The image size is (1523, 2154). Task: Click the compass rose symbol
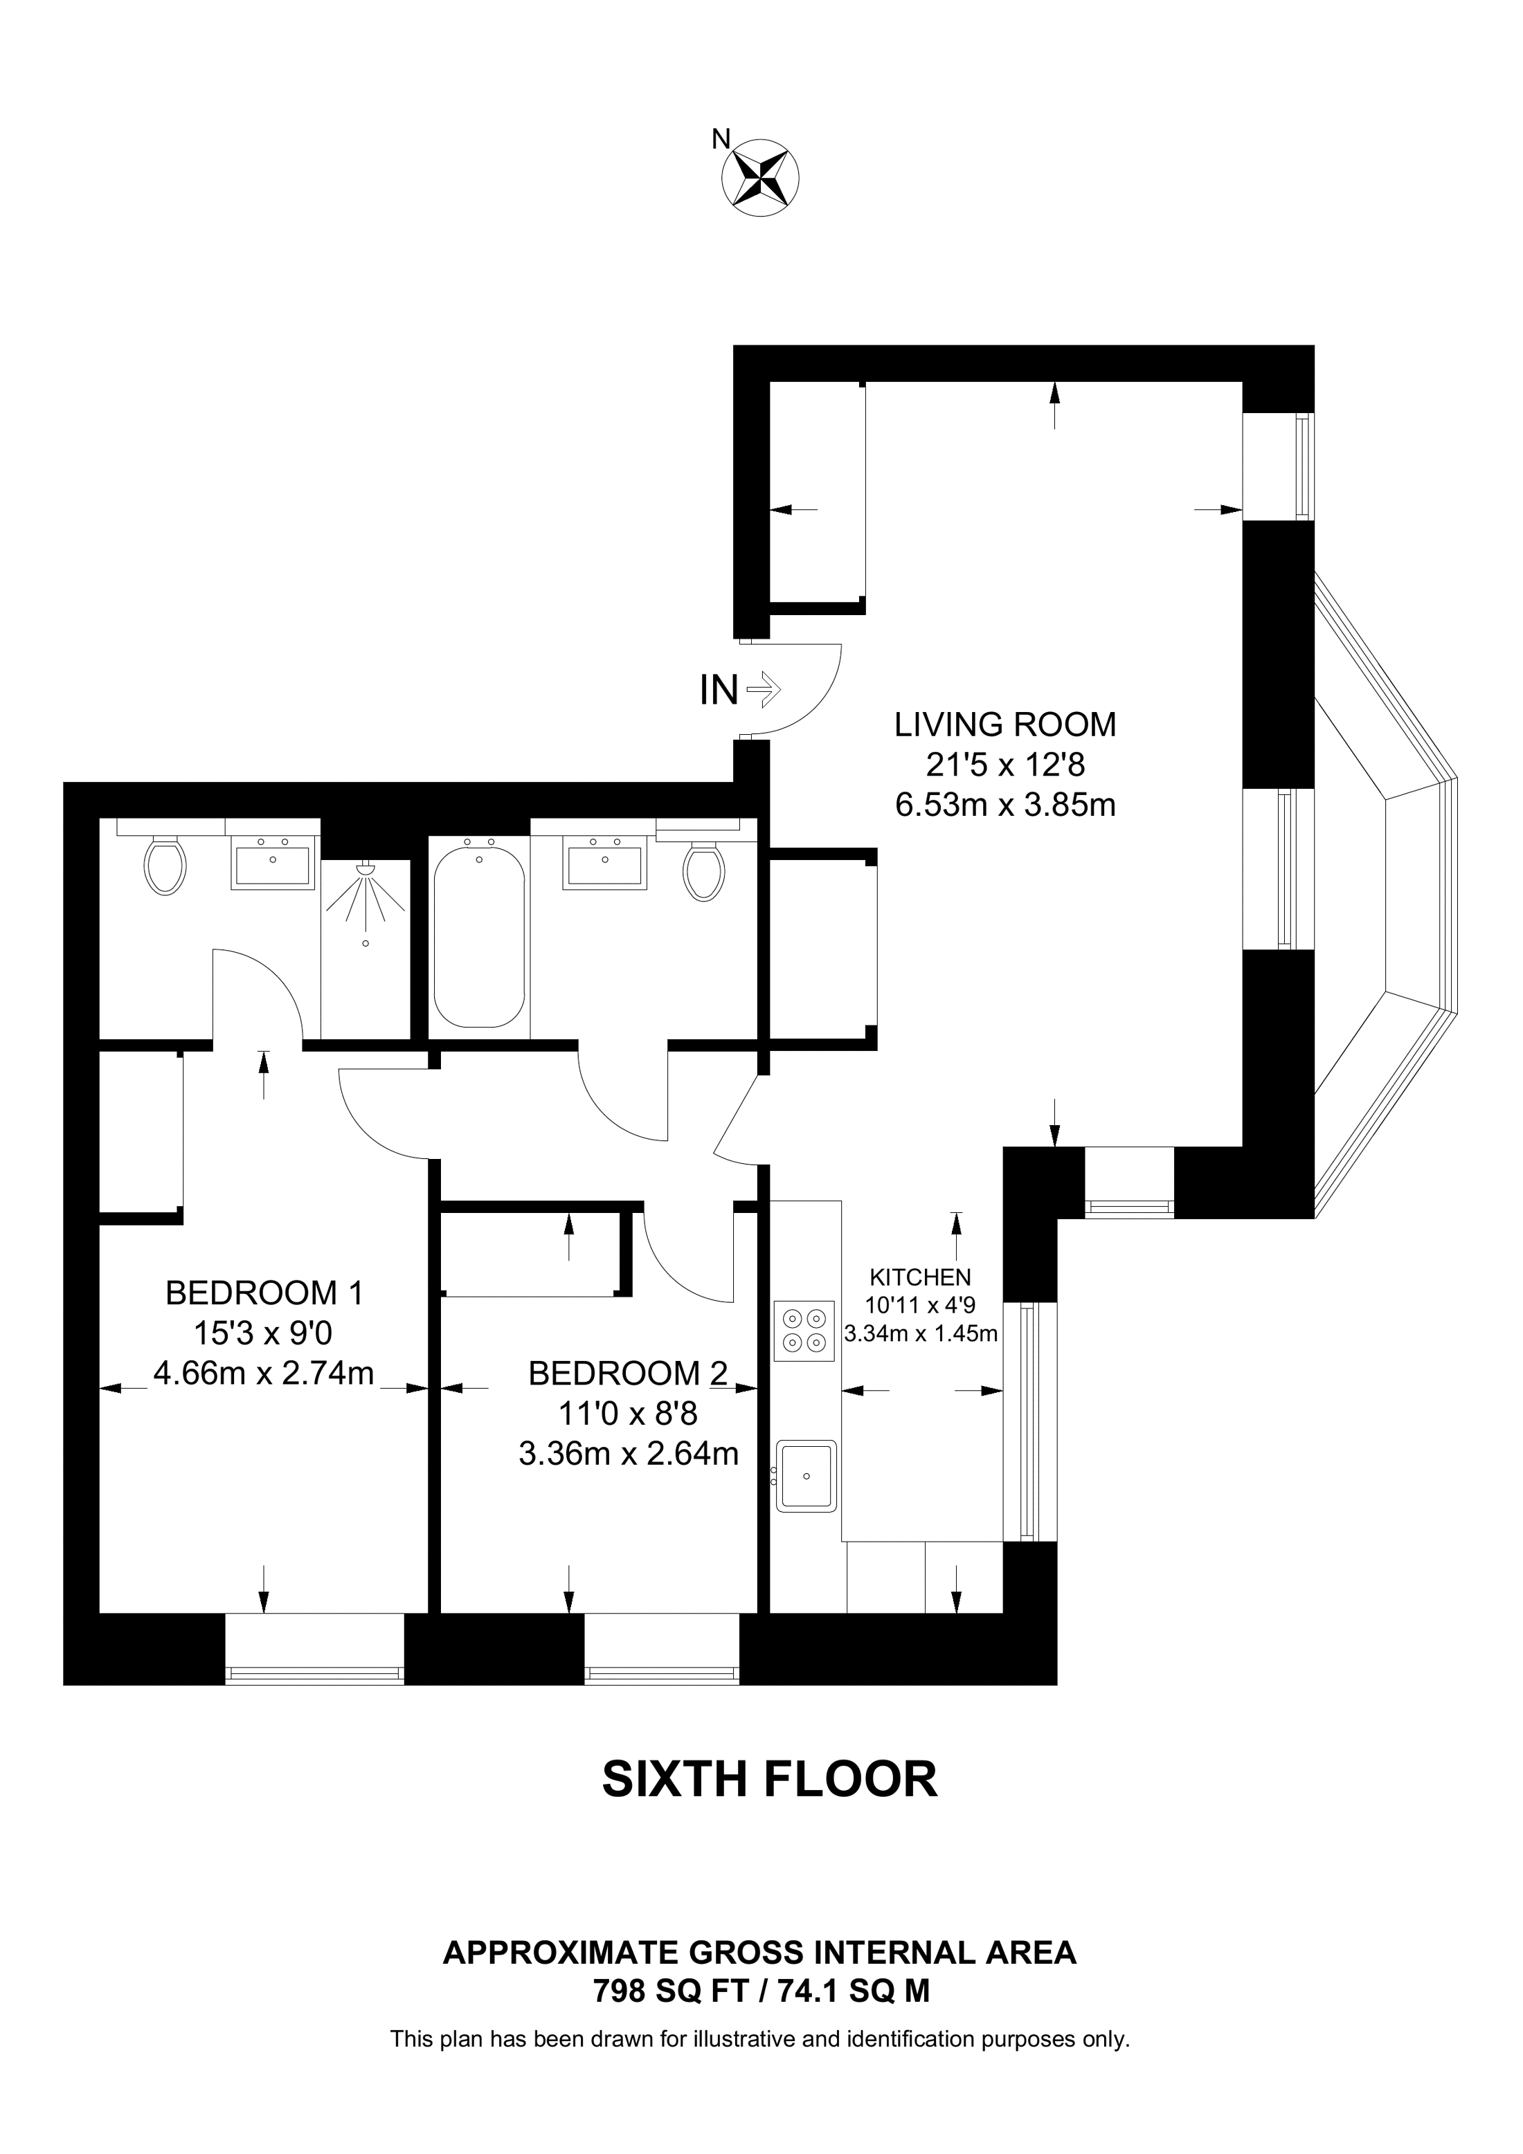tap(759, 176)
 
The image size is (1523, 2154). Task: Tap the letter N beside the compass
tap(721, 139)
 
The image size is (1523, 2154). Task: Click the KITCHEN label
tap(919, 1277)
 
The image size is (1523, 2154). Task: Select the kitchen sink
tap(805, 1476)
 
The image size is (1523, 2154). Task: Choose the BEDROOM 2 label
tap(628, 1373)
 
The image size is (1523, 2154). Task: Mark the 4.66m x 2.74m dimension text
tap(264, 1373)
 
